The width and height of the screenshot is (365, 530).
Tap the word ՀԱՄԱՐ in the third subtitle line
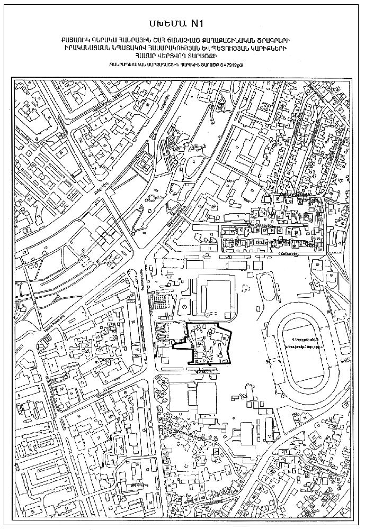click(x=139, y=56)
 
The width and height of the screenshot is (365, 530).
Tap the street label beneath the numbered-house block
click(x=289, y=253)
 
